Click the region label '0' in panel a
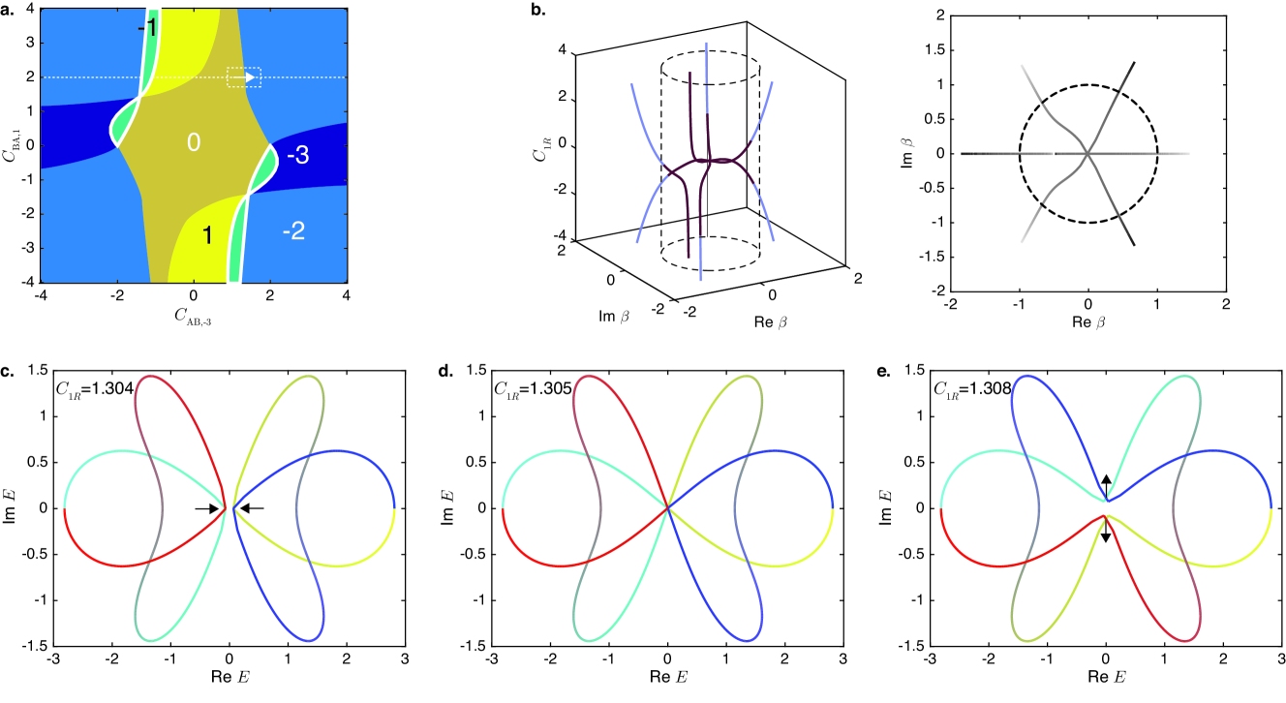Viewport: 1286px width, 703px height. tap(194, 143)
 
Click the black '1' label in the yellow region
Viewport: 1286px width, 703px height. tap(205, 234)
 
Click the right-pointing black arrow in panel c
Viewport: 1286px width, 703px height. tap(206, 507)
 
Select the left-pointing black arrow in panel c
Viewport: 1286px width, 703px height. tap(251, 507)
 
